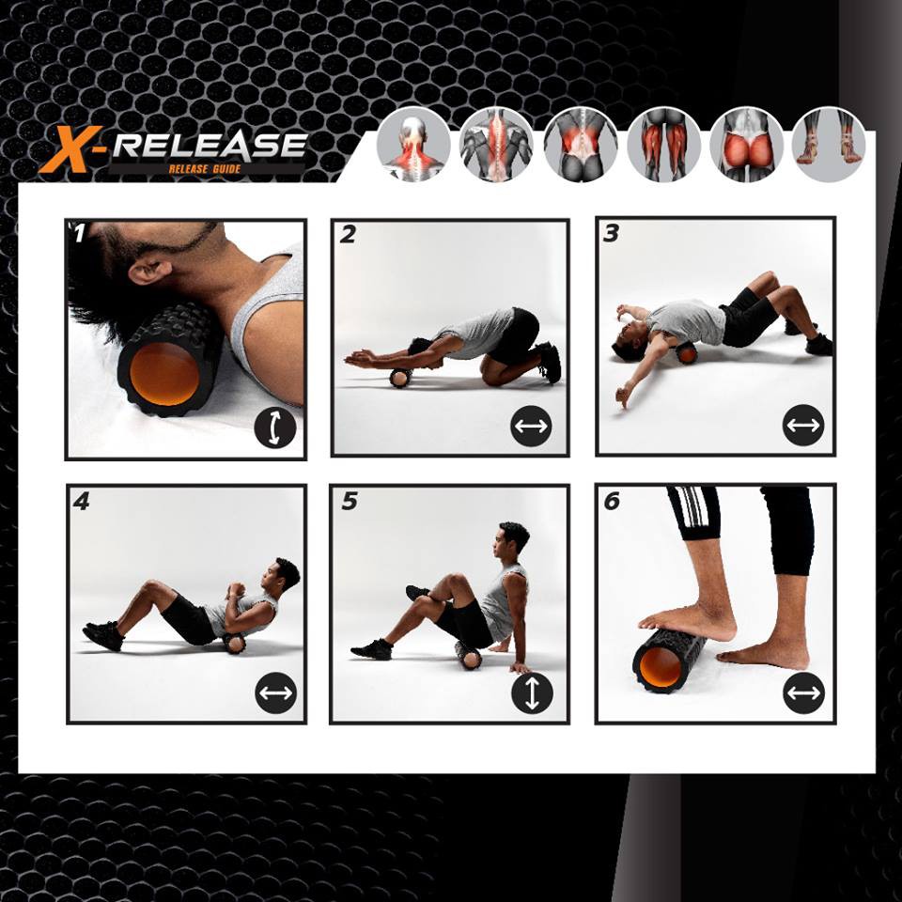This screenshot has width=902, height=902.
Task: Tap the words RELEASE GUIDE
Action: pyautogui.click(x=205, y=169)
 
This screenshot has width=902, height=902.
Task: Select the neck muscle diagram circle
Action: pyautogui.click(x=413, y=145)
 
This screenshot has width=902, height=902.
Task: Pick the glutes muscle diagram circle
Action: pyautogui.click(x=747, y=145)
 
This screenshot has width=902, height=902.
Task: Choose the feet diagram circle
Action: pyautogui.click(x=829, y=144)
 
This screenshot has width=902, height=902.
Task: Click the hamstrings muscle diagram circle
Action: pyautogui.click(x=664, y=145)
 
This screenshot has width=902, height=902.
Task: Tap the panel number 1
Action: pyautogui.click(x=79, y=234)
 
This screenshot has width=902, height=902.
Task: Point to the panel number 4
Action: pyautogui.click(x=82, y=502)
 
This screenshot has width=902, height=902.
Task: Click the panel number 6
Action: pyautogui.click(x=612, y=502)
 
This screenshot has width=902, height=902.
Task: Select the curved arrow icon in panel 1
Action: pyautogui.click(x=275, y=428)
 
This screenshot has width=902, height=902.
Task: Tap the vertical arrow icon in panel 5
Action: pyautogui.click(x=532, y=692)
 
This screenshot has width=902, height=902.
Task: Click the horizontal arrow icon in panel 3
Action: pyautogui.click(x=803, y=425)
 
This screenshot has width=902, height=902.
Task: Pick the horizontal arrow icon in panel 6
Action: pyautogui.click(x=803, y=692)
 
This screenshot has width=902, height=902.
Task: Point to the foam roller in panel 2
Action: pyautogui.click(x=400, y=378)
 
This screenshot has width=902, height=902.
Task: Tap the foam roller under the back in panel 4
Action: pyautogui.click(x=234, y=643)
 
